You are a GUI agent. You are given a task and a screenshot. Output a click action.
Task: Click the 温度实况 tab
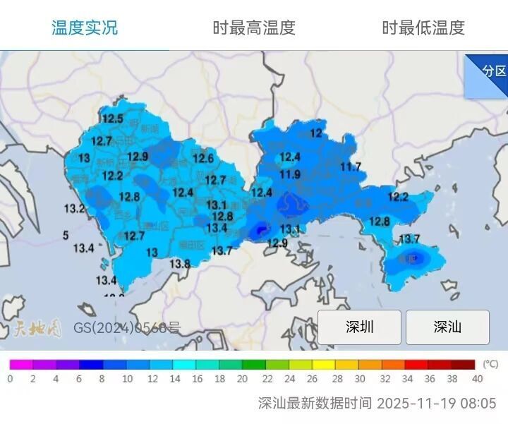click(x=85, y=28)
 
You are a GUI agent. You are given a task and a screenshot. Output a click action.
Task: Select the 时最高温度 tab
click(x=254, y=28)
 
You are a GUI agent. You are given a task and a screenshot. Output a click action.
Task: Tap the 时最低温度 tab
click(x=423, y=28)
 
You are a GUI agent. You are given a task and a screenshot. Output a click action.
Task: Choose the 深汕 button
click(x=447, y=327)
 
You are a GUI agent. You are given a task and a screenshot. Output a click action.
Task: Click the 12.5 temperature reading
click(x=111, y=119)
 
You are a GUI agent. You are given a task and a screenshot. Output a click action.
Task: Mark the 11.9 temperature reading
click(x=290, y=174)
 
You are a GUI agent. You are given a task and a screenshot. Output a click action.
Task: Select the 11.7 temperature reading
click(x=351, y=166)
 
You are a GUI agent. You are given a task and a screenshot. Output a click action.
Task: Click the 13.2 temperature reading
click(x=74, y=208)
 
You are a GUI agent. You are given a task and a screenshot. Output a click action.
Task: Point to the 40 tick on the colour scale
click(x=477, y=378)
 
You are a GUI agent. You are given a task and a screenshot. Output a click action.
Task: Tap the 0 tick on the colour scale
click(x=10, y=378)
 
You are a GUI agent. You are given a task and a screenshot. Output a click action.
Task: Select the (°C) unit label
click(x=490, y=364)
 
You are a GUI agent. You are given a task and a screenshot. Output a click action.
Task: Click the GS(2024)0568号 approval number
click(x=127, y=328)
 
